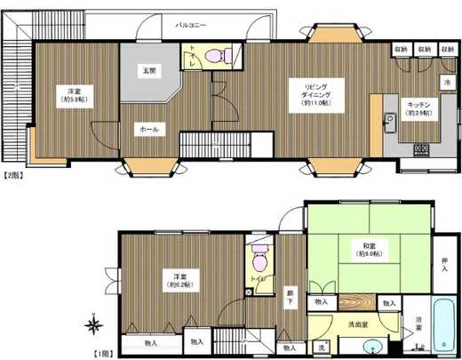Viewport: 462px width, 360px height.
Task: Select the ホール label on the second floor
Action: coord(148,130)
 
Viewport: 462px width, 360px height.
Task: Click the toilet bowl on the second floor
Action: coord(215,57)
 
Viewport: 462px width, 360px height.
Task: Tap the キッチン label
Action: coord(418,104)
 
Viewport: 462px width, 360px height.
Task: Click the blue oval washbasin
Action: coord(372,347)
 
